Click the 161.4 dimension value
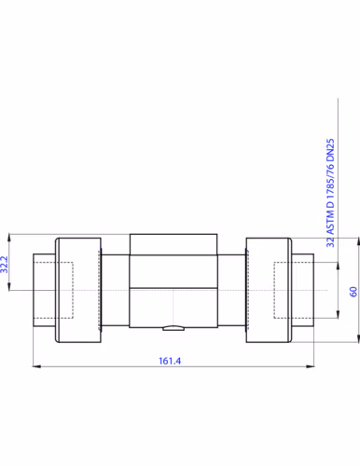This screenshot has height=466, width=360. (x=170, y=361)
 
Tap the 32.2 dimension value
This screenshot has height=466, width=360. (x=4, y=265)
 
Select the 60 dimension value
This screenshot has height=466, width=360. (x=353, y=292)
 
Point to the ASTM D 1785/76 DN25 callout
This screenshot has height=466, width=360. (x=330, y=193)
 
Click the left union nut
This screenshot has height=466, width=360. (x=78, y=290)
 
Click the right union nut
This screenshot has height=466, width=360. (x=269, y=290)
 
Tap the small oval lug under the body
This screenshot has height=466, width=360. (x=173, y=328)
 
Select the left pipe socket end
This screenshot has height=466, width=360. (x=44, y=290)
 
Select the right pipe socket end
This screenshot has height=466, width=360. (x=303, y=290)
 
